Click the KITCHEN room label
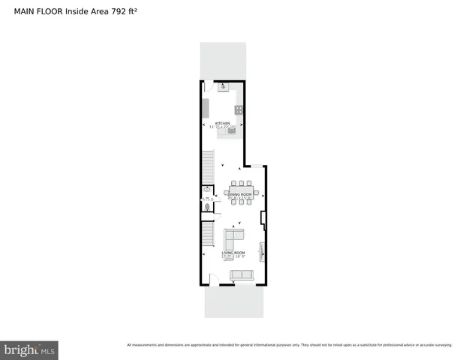223,123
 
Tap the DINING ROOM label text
242,193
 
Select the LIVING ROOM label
233,253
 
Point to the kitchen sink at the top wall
223,88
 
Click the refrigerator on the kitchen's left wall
206,107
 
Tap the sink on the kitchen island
232,130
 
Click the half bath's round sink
206,190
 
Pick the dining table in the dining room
242,192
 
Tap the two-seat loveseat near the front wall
242,275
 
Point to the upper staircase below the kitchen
208,165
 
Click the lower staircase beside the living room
208,235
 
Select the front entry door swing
215,280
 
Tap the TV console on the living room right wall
262,251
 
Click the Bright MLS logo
29,349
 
